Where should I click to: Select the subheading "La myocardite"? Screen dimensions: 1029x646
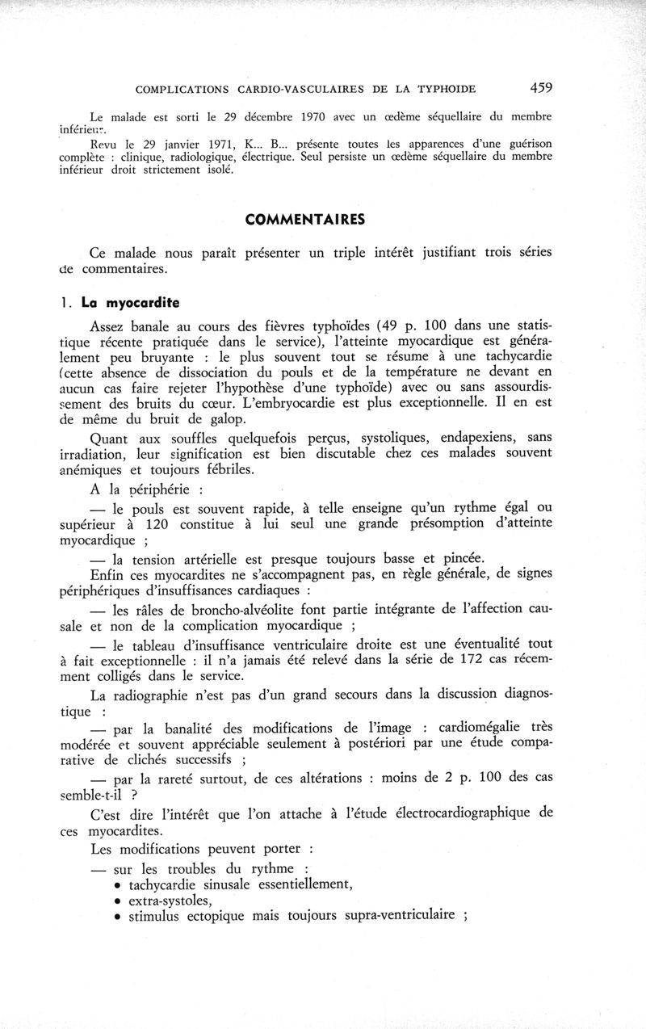tap(131, 304)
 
